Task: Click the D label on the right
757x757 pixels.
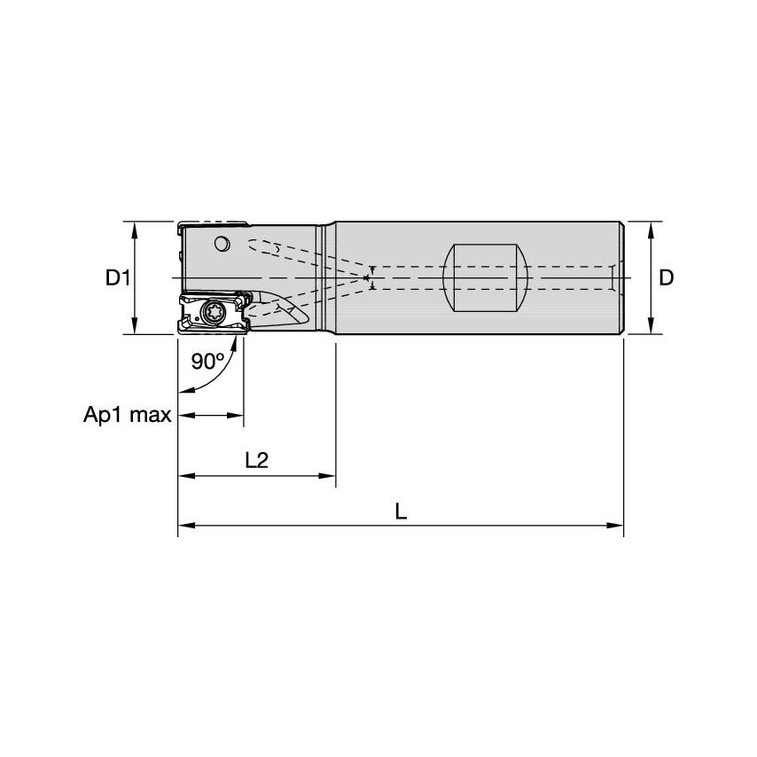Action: [x=667, y=277]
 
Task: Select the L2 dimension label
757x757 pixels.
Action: [x=256, y=461]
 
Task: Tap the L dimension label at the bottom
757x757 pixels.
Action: [x=401, y=511]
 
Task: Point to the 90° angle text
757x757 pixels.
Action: [x=208, y=362]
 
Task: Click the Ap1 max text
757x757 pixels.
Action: [x=127, y=415]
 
